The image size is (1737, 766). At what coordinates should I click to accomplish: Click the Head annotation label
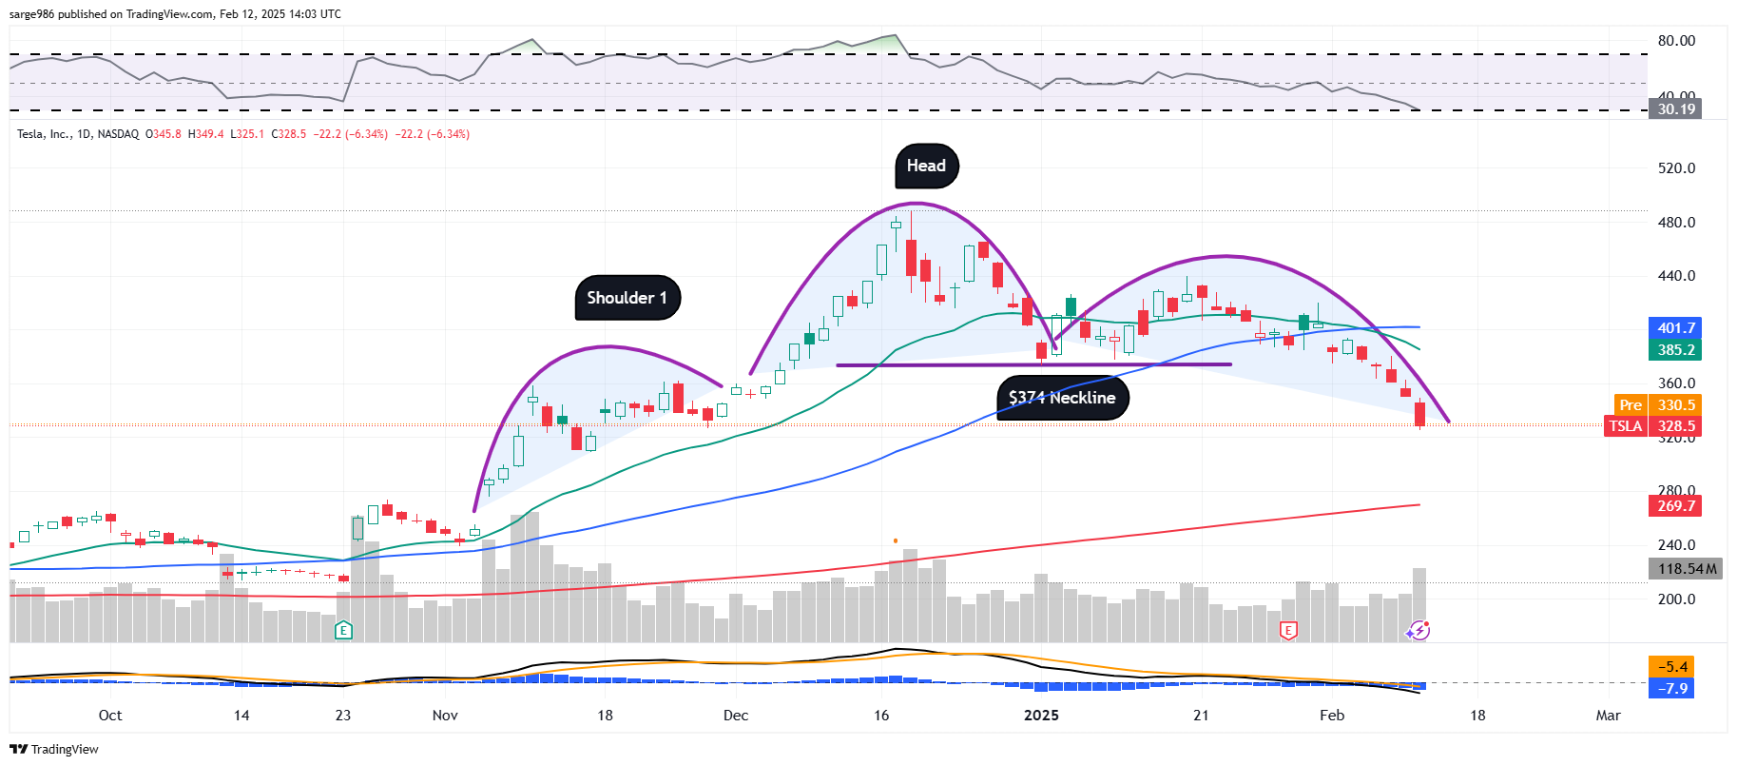pyautogui.click(x=926, y=167)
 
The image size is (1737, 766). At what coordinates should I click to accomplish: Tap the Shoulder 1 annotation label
pyautogui.click(x=627, y=298)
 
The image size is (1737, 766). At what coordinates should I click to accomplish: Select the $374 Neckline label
pyautogui.click(x=1062, y=398)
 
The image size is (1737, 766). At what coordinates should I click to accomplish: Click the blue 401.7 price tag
pyautogui.click(x=1675, y=328)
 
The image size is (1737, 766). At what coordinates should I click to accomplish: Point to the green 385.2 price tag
pyautogui.click(x=1675, y=350)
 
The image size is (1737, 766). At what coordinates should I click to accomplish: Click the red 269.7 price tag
pyautogui.click(x=1675, y=506)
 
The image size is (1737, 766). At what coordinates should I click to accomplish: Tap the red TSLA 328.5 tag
pyautogui.click(x=1652, y=426)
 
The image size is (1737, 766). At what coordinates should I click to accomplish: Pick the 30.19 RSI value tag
pyautogui.click(x=1675, y=109)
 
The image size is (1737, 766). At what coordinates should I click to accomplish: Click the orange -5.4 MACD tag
pyautogui.click(x=1672, y=667)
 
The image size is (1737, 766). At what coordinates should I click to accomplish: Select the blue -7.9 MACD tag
pyautogui.click(x=1672, y=688)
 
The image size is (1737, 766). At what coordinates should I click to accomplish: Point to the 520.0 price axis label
pyautogui.click(x=1676, y=168)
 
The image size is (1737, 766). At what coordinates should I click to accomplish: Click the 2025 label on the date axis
pyautogui.click(x=1041, y=716)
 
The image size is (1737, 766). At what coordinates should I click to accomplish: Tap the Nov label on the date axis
pyautogui.click(x=445, y=716)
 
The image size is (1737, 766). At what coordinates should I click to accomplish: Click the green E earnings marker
pyautogui.click(x=344, y=630)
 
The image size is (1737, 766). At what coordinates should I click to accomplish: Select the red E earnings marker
pyautogui.click(x=1288, y=630)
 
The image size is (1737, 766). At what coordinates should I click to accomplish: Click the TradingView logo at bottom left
pyautogui.click(x=54, y=749)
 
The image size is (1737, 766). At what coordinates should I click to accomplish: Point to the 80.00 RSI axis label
pyautogui.click(x=1676, y=41)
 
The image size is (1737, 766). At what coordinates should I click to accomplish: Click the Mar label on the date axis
pyautogui.click(x=1608, y=716)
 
